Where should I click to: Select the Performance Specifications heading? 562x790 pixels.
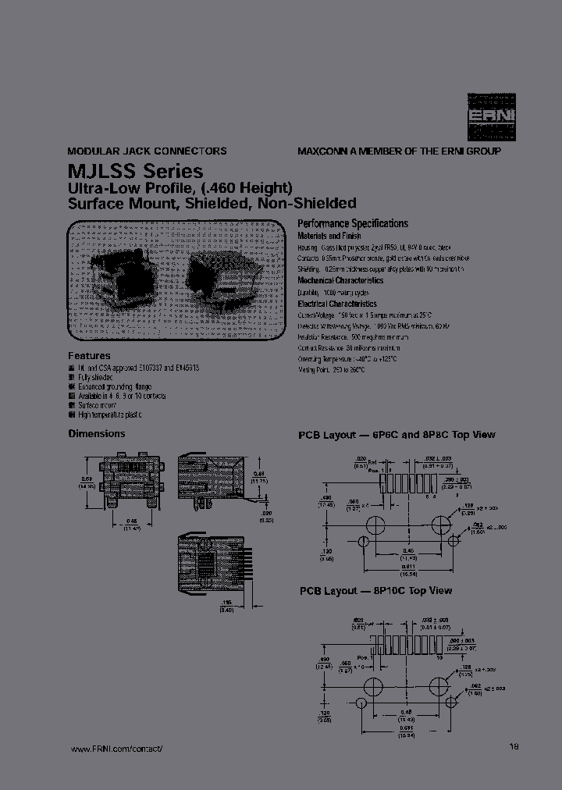pos(353,223)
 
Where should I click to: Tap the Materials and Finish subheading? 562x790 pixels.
pos(329,236)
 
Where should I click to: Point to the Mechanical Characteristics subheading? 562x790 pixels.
pos(340,280)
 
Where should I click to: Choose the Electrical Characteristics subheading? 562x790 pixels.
pos(337,304)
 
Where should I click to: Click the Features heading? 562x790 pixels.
pos(90,355)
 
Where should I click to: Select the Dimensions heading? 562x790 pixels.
pos(97,433)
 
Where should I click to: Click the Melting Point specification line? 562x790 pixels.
pos(331,369)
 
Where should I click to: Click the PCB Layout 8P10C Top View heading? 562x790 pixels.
pos(375,591)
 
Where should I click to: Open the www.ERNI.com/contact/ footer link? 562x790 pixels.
pos(116,749)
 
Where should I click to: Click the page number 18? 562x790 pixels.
pos(514,746)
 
